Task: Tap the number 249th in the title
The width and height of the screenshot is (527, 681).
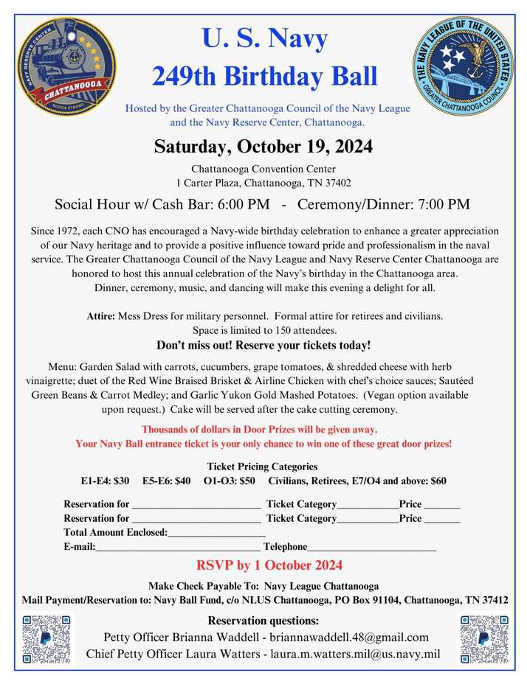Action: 184,75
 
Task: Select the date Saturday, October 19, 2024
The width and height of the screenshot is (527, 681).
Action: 263,146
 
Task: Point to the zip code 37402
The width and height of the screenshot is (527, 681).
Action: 336,183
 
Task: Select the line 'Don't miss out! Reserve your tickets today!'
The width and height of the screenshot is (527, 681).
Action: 263,345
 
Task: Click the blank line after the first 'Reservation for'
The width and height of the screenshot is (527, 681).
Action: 196,506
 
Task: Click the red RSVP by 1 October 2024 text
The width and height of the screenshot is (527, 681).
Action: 269,566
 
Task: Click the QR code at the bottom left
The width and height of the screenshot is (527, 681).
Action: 48,638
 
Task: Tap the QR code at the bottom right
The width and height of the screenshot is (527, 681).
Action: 484,638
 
